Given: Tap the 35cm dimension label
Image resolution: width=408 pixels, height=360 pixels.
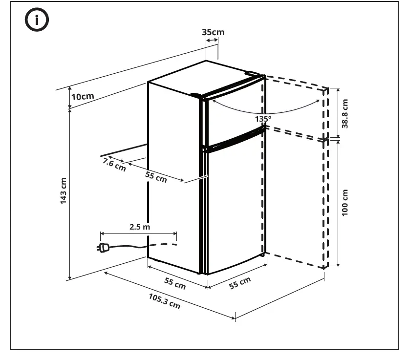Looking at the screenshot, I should tap(213, 32).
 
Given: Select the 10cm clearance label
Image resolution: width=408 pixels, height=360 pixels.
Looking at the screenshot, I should tap(82, 96).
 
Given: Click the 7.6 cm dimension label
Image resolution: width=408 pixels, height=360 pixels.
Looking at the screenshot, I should tap(114, 165).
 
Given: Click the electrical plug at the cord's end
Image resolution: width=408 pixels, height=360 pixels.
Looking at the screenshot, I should tap(103, 248).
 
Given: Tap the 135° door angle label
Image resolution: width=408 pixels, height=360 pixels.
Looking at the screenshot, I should tap(262, 119).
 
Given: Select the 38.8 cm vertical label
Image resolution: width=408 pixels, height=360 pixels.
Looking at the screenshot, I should tap(345, 114).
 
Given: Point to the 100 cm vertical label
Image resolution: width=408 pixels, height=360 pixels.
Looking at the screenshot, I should tap(345, 203).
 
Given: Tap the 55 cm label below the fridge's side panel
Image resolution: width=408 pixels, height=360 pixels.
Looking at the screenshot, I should tap(174, 283).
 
